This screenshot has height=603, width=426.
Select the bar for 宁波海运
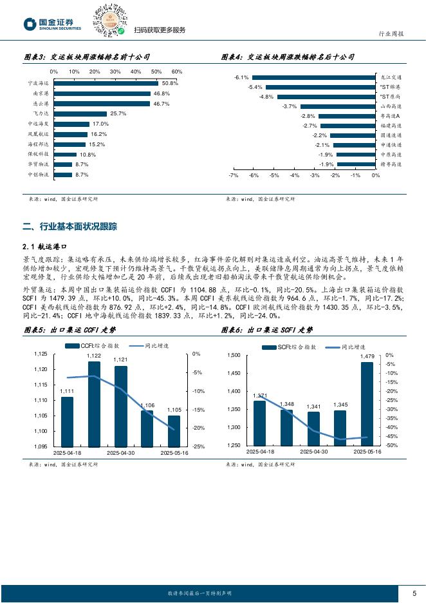tap(106, 83)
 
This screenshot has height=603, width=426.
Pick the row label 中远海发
tap(38, 124)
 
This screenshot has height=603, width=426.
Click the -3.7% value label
tap(290, 106)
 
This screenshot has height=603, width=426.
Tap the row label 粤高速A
tap(391, 116)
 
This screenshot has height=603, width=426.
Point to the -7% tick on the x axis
tap(234, 175)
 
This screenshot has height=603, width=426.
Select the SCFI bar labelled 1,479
tap(367, 403)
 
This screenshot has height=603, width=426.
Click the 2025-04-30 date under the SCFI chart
tap(316, 452)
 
